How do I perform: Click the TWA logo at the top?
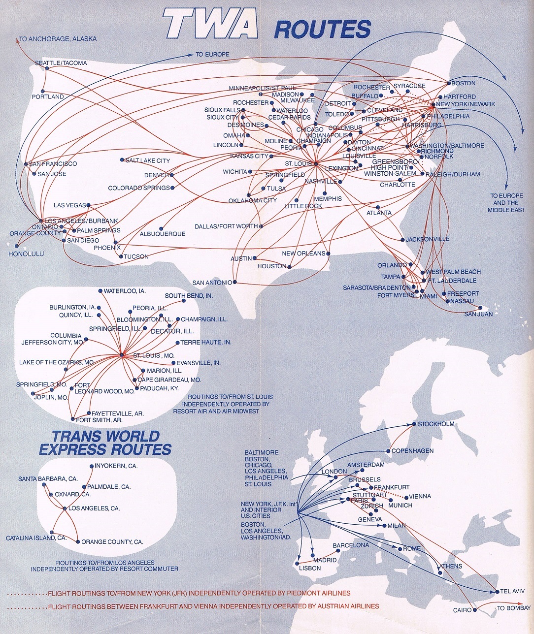click(x=211, y=25)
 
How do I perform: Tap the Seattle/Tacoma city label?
click(x=61, y=63)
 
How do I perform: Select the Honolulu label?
click(x=26, y=254)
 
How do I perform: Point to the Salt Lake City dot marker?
click(x=122, y=160)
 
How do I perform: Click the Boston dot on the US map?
click(x=448, y=83)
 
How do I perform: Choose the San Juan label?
click(x=478, y=314)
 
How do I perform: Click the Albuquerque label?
click(x=163, y=234)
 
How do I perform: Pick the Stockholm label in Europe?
click(x=436, y=424)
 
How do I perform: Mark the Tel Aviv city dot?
click(x=496, y=591)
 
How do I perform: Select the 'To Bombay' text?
click(x=513, y=608)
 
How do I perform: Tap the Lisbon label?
click(x=310, y=568)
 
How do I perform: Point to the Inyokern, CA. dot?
click(x=92, y=466)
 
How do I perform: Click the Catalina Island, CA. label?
click(x=36, y=538)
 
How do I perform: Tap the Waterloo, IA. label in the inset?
click(x=125, y=291)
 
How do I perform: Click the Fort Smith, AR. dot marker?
click(x=73, y=420)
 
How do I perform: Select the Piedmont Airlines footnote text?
click(x=199, y=593)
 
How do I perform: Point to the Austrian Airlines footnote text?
click(x=213, y=606)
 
